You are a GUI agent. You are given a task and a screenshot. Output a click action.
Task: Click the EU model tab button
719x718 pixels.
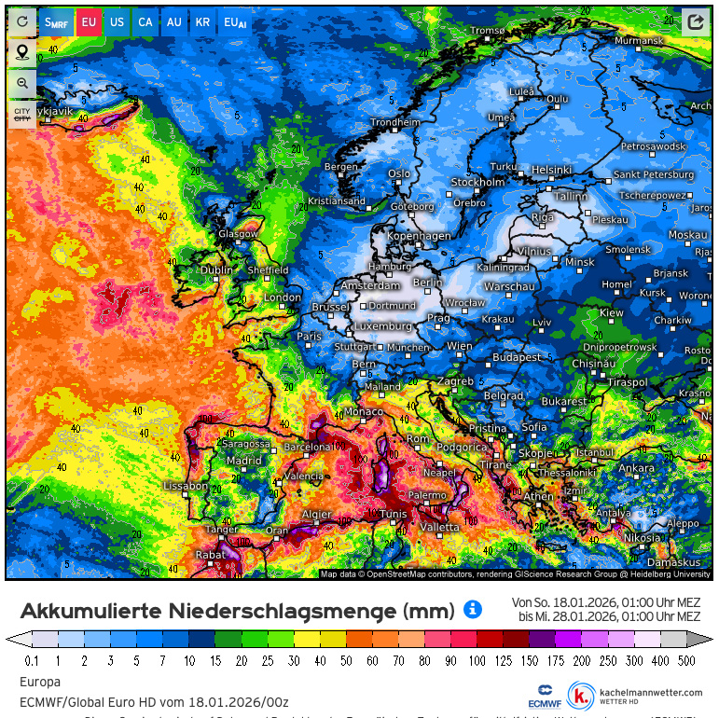88,21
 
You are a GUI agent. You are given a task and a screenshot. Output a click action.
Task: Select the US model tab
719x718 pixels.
117,21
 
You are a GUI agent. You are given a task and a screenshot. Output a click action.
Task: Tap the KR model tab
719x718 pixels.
202,21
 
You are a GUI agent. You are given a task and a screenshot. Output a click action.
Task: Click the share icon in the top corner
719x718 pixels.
695,21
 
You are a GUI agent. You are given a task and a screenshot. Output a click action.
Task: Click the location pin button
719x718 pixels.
22,51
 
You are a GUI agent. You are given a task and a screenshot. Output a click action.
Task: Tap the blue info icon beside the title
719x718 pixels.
473,610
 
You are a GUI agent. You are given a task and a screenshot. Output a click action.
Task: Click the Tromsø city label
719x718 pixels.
487,31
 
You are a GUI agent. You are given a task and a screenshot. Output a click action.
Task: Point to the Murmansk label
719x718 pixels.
639,41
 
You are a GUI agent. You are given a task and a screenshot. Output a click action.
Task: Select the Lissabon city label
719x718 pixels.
185,486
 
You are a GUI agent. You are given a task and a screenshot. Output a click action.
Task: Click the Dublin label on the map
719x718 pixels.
216,270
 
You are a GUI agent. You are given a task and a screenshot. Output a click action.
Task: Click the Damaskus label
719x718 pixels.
674,562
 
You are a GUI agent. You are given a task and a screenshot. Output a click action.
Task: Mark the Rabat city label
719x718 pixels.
210,555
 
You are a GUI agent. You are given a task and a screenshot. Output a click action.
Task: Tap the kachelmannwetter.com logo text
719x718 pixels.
651,693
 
